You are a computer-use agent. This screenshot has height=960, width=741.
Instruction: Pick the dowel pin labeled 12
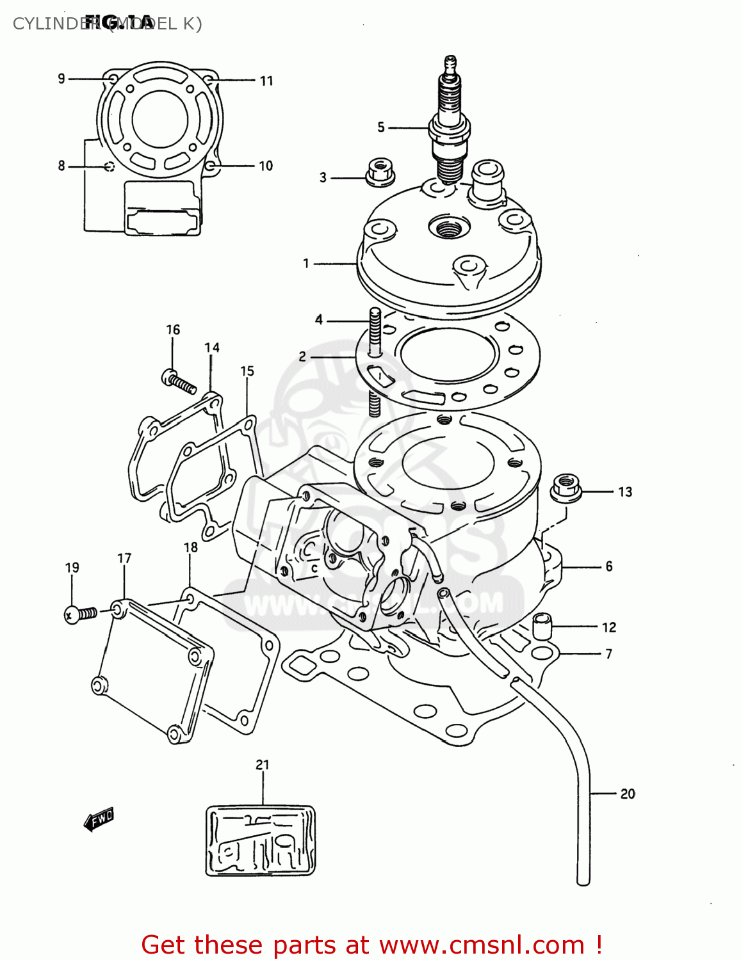click(x=542, y=625)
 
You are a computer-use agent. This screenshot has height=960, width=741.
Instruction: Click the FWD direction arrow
click(x=99, y=819)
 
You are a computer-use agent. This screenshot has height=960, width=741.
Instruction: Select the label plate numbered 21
click(x=261, y=840)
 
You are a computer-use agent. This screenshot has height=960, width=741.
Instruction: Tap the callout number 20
click(x=627, y=794)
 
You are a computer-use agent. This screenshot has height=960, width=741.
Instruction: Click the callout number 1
click(x=306, y=263)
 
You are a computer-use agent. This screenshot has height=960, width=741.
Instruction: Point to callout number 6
click(x=608, y=566)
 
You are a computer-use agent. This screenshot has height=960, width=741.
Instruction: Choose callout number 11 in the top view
click(x=266, y=81)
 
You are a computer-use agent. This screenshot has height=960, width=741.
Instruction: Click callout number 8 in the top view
click(x=61, y=166)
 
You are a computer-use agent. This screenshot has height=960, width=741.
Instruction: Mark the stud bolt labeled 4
click(x=375, y=362)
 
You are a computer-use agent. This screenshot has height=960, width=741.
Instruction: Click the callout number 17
click(x=124, y=558)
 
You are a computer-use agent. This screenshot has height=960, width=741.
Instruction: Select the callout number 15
click(x=247, y=371)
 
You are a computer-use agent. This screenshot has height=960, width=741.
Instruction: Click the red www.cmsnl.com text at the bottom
click(x=482, y=945)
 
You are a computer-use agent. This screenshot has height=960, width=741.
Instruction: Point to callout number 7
click(x=608, y=654)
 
